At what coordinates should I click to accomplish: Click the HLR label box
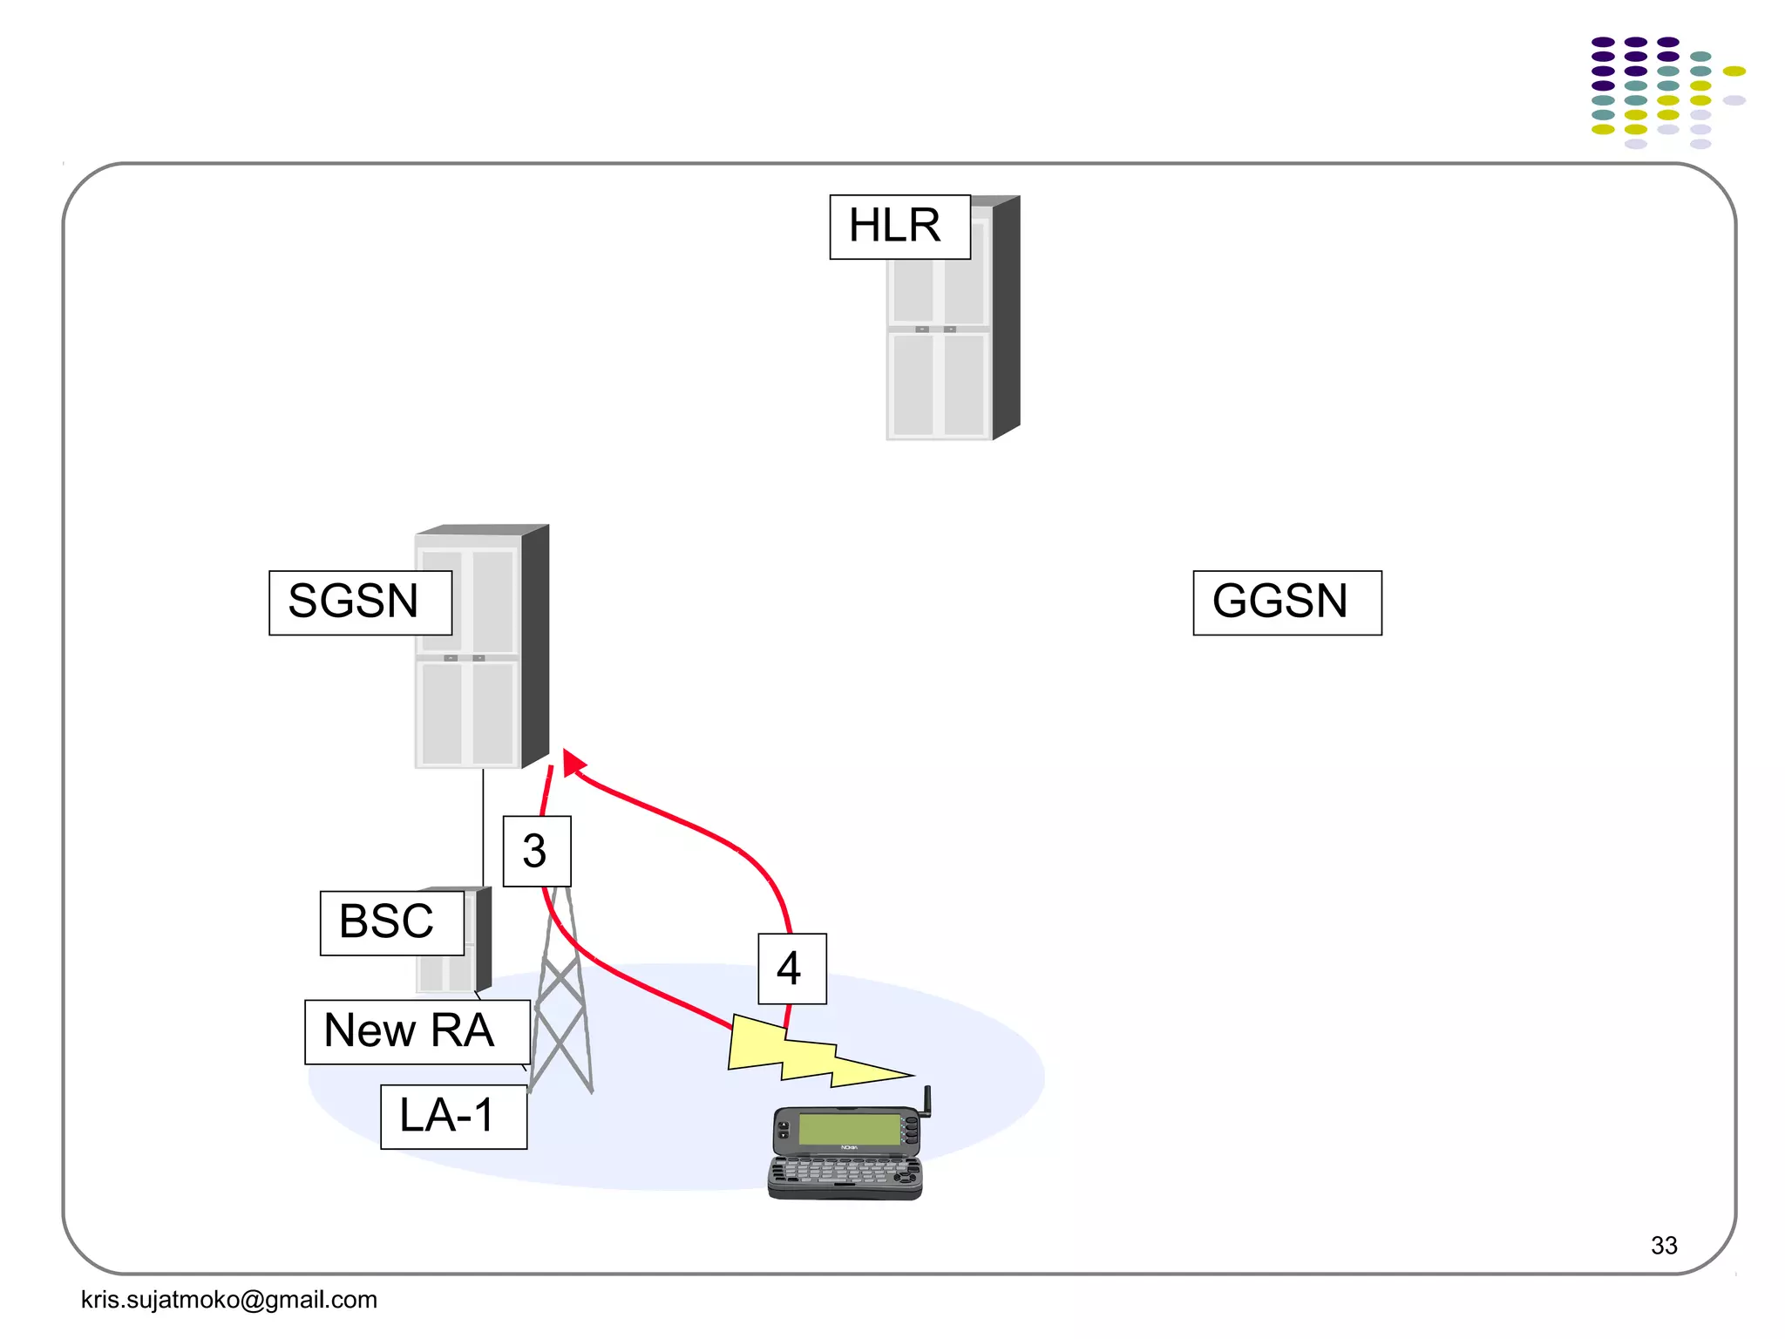(x=899, y=227)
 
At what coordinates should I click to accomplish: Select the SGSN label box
(x=360, y=602)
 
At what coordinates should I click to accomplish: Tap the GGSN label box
(x=1286, y=602)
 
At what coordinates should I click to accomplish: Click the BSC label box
(x=391, y=922)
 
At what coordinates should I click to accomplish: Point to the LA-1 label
(x=453, y=1116)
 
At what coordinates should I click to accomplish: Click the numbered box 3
(x=537, y=851)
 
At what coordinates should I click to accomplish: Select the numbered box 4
(x=791, y=969)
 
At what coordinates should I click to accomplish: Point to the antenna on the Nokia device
(x=927, y=1100)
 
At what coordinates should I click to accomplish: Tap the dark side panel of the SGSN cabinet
(x=534, y=645)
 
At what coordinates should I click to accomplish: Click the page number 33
(x=1663, y=1245)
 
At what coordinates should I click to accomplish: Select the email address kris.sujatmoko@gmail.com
(x=228, y=1299)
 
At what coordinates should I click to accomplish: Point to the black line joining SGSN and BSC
(x=483, y=828)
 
